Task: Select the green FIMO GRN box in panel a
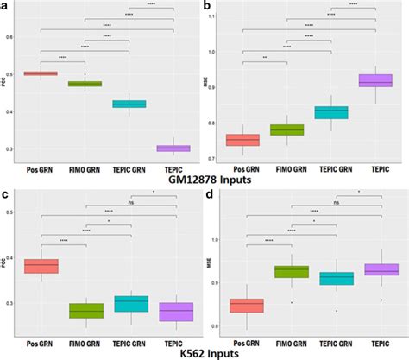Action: pos(85,84)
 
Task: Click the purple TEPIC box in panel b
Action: pos(375,80)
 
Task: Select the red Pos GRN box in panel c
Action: pos(41,266)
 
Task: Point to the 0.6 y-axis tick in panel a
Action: pos(12,36)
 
